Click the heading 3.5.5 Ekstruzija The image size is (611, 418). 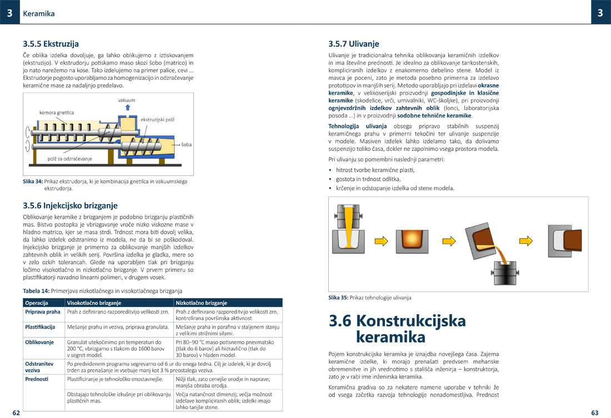pyautogui.click(x=51, y=43)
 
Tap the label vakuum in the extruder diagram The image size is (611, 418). pyautogui.click(x=127, y=100)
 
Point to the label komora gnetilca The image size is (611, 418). pyautogui.click(x=56, y=112)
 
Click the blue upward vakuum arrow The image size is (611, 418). pyautogui.click(x=127, y=108)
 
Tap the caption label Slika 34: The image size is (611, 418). pyautogui.click(x=33, y=182)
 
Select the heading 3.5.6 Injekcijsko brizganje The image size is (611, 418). pyautogui.click(x=70, y=205)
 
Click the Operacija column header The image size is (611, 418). pyautogui.click(x=37, y=303)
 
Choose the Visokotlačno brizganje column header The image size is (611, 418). pyautogui.click(x=94, y=303)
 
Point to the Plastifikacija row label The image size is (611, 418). pyautogui.click(x=40, y=327)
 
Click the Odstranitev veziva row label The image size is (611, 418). pyautogui.click(x=39, y=366)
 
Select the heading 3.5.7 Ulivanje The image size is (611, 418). pyautogui.click(x=354, y=43)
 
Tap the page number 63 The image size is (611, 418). pyautogui.click(x=594, y=413)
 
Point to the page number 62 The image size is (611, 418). pyautogui.click(x=16, y=413)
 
